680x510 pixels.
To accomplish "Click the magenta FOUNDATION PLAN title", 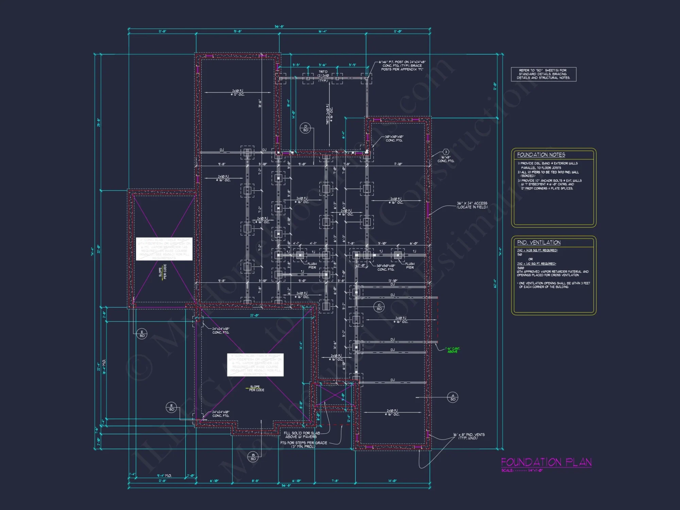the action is coord(546,462).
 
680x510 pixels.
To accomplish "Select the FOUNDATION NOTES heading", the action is coord(541,155).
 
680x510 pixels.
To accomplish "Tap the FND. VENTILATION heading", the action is coord(539,242).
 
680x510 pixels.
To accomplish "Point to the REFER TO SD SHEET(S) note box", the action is coord(543,74).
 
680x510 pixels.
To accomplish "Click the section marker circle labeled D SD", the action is coord(305,128).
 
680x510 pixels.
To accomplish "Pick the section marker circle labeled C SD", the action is coord(379,307).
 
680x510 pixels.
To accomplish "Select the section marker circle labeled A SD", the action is coord(453,397).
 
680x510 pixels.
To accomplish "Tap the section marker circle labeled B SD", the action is coord(253,457).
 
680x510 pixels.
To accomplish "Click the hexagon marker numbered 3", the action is coord(446,152).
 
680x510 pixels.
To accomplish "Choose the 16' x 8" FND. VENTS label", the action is coord(469,436).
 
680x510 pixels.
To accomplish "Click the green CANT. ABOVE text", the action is coord(453,350).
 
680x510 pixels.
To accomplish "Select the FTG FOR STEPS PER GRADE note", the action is coord(303,444).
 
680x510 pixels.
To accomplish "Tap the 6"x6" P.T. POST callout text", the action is coord(402,66).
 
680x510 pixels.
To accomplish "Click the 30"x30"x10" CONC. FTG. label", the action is coord(394,138).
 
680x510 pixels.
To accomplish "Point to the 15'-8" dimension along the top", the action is coord(237,31).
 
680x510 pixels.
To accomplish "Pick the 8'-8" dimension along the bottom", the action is coord(255,481).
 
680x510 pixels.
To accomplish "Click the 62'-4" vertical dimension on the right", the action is coord(495,284).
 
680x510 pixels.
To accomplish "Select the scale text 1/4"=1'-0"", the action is coord(535,471).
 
